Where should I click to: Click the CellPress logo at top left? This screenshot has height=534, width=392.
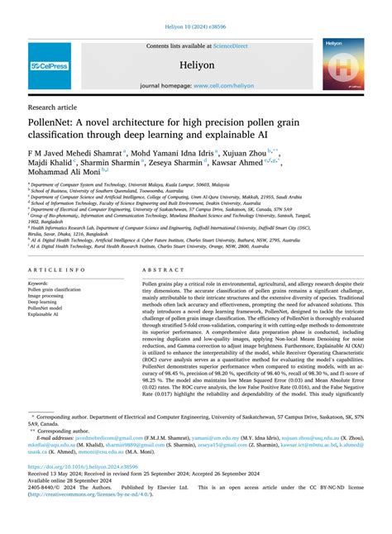point(49,65)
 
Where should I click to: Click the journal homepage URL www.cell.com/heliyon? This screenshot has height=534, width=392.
point(219,85)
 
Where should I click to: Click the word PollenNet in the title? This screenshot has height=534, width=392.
point(56,122)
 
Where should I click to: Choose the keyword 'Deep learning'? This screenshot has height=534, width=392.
point(43,303)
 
